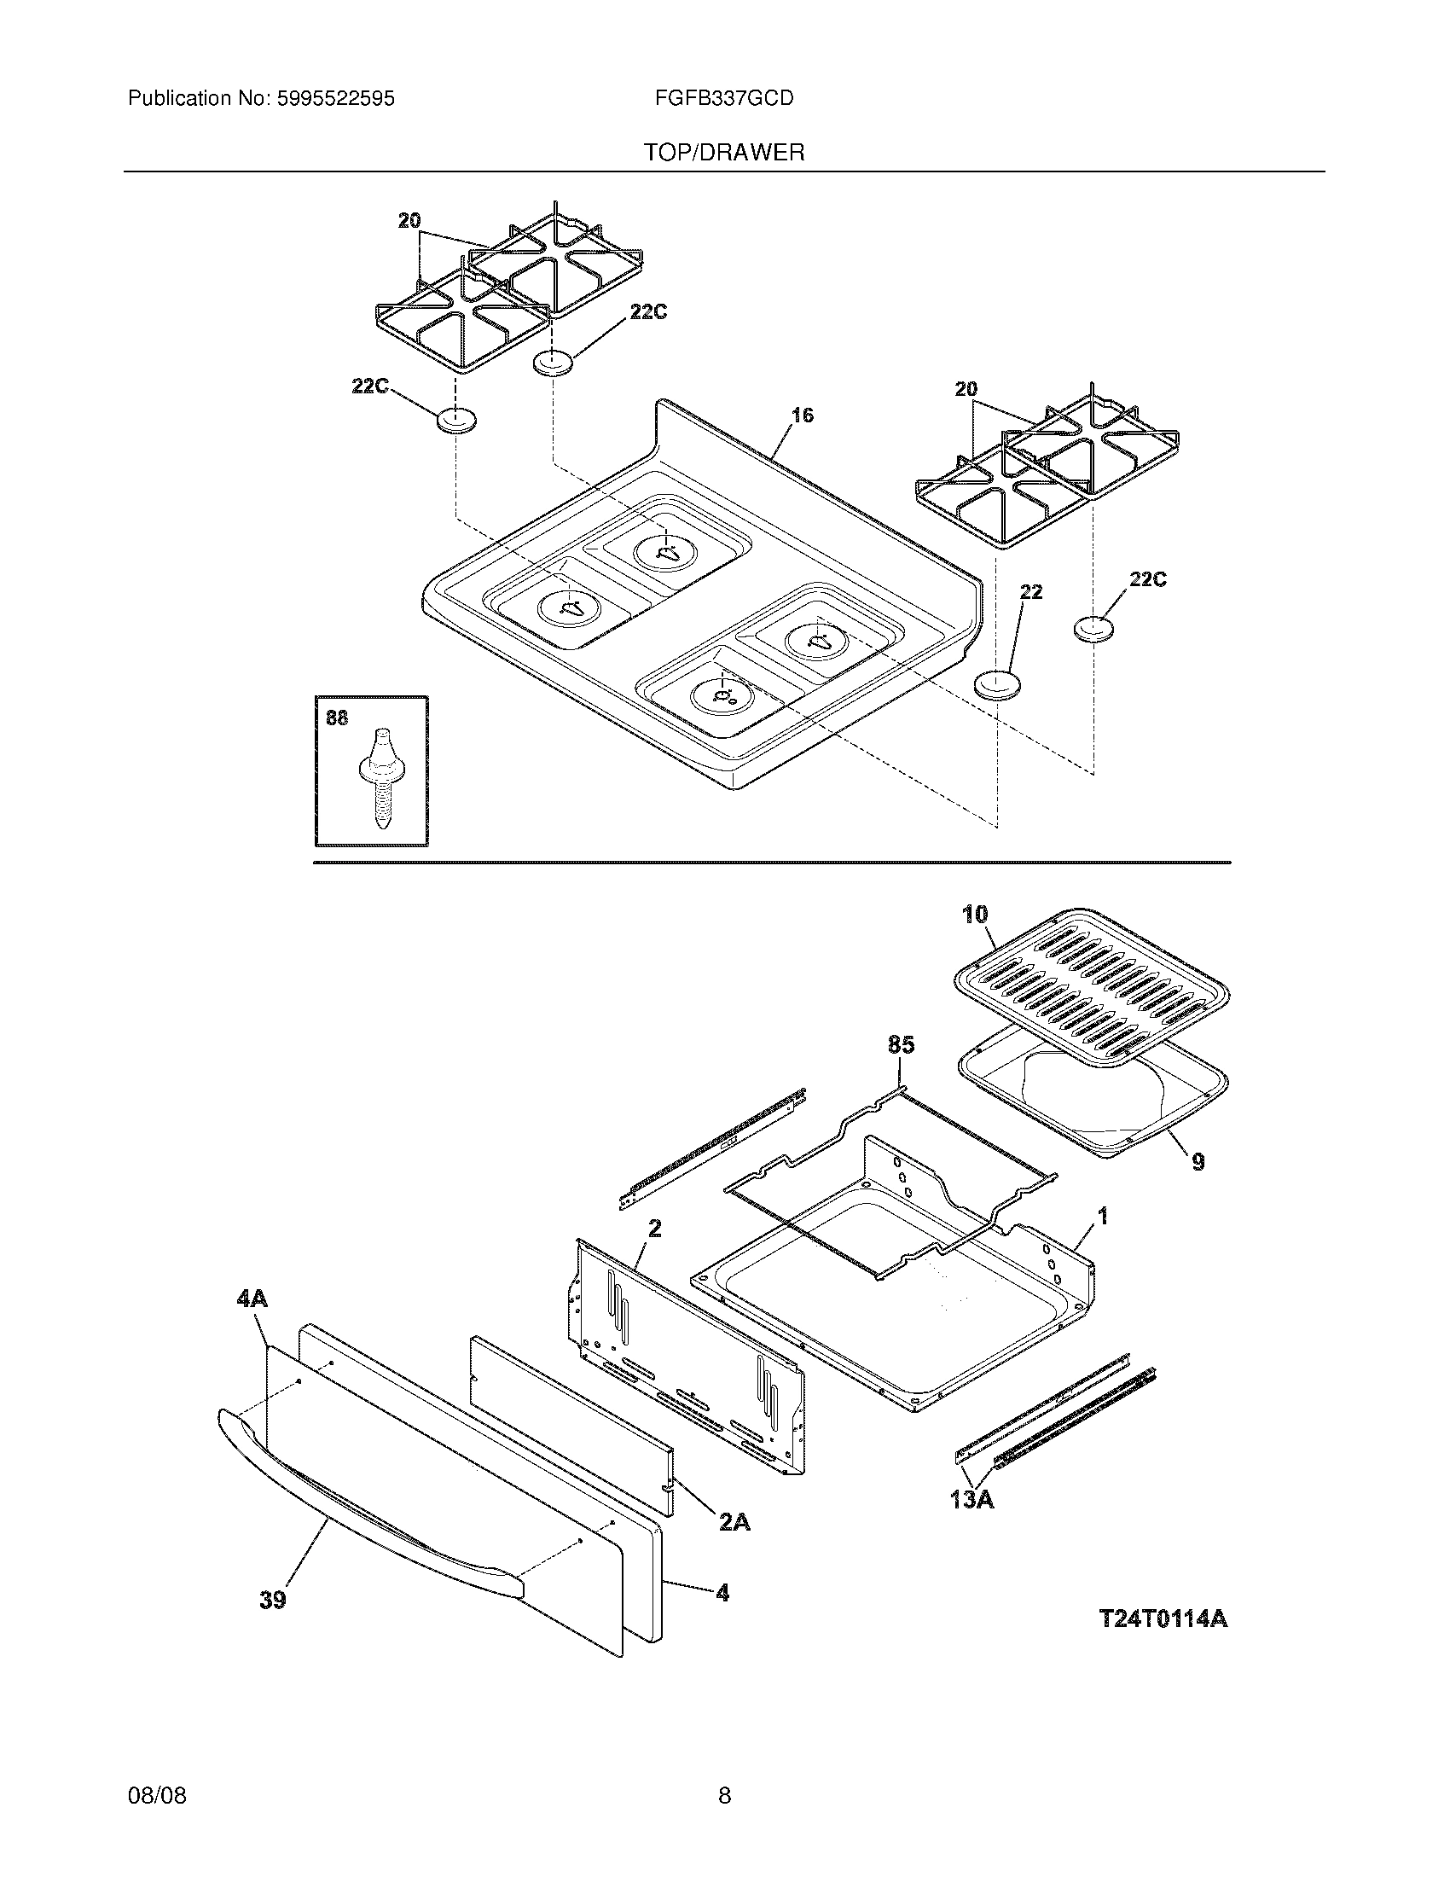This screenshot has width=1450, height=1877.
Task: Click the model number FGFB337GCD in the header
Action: click(x=723, y=99)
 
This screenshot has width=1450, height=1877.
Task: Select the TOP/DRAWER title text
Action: click(x=724, y=153)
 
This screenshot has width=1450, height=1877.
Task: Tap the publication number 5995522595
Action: click(x=335, y=99)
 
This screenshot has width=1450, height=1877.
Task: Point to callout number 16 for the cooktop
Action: click(x=802, y=416)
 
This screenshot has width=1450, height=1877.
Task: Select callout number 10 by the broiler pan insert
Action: click(x=975, y=915)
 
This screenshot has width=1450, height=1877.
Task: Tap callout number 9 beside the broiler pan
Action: click(x=1198, y=1162)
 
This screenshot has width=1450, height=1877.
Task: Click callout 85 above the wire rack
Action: click(x=900, y=1045)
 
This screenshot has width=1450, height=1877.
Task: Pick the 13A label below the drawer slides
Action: click(x=972, y=1500)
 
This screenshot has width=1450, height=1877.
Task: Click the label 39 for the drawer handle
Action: click(x=273, y=1601)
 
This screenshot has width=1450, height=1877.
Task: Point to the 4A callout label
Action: click(x=252, y=1299)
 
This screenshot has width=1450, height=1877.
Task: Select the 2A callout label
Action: click(x=734, y=1523)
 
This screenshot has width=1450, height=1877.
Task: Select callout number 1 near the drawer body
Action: click(x=1103, y=1216)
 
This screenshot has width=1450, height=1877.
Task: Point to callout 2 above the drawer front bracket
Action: click(x=654, y=1229)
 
